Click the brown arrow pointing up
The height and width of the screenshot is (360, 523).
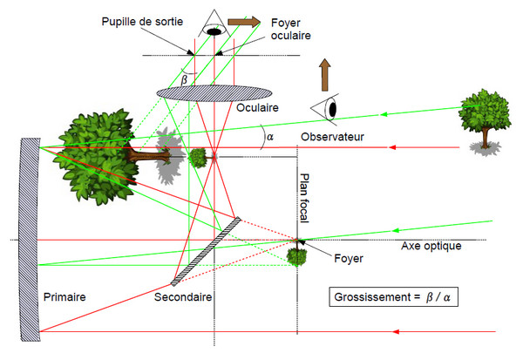point(324,75)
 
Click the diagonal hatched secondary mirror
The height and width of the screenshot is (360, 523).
point(206,250)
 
